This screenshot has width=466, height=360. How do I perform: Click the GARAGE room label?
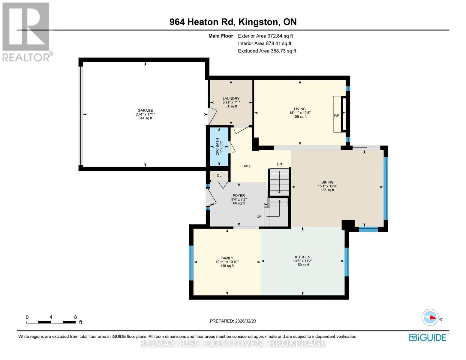point(145,110)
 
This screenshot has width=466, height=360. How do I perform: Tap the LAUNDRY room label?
point(231,99)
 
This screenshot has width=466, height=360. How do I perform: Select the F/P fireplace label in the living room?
point(337,115)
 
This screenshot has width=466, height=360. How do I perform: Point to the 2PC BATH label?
point(218,146)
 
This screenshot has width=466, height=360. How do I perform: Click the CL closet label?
point(219,175)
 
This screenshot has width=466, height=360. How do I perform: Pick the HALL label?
point(247,166)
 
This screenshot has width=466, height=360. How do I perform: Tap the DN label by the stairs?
point(279,164)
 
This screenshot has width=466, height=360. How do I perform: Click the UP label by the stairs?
point(259,216)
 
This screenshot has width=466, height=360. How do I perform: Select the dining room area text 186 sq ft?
point(327,190)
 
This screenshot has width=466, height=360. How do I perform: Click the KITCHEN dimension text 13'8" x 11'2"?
point(302,261)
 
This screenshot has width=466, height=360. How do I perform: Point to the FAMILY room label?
point(227,258)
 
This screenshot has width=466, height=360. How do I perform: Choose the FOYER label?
point(239,196)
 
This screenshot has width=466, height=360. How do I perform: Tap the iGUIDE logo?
point(428,337)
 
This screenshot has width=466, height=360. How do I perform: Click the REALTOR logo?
point(27,32)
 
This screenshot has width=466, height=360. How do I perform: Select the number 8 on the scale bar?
point(75,317)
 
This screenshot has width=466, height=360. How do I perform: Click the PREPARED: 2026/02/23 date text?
point(233,321)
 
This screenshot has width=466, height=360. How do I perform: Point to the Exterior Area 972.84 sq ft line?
point(265,36)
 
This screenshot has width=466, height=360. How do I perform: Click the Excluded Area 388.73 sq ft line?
point(267,51)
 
